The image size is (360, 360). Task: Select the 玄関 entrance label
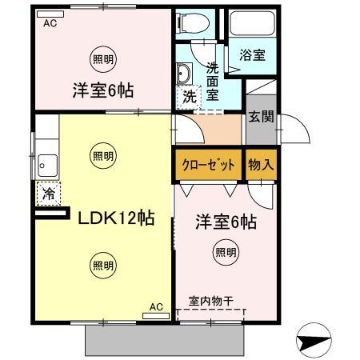pos(261,116)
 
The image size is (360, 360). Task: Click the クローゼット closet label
pos(206,165)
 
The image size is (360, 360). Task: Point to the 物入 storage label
pos(261,165)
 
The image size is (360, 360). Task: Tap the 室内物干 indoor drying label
pos(210,302)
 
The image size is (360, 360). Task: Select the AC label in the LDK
pos(156,306)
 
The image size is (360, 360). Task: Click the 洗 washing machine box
pos(188,95)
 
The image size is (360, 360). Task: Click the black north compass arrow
pos(314,342)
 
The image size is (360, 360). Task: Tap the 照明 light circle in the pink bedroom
pos(226,253)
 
